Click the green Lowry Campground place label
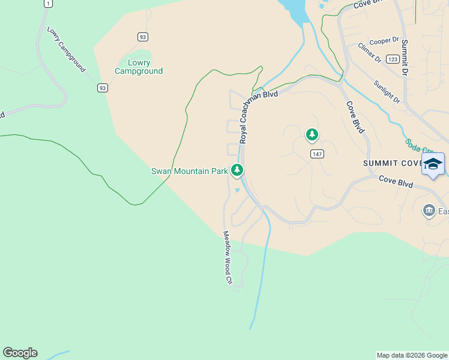pos(139,67)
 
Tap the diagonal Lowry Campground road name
pos(66,49)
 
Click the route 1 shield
pos(48,4)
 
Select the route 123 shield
pos(393,59)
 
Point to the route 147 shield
pos(318,154)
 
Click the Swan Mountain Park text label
pos(189,171)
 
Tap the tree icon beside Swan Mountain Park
pos(238,171)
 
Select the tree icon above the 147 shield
pos(312,135)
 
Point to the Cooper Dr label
pos(384,41)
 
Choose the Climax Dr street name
pos(369,52)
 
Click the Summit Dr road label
pos(404,58)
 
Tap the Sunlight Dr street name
pos(386,92)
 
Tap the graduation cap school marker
pos(433,164)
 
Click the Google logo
pos(20,353)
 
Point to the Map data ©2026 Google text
pos(412,355)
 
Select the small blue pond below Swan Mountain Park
pos(238,191)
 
